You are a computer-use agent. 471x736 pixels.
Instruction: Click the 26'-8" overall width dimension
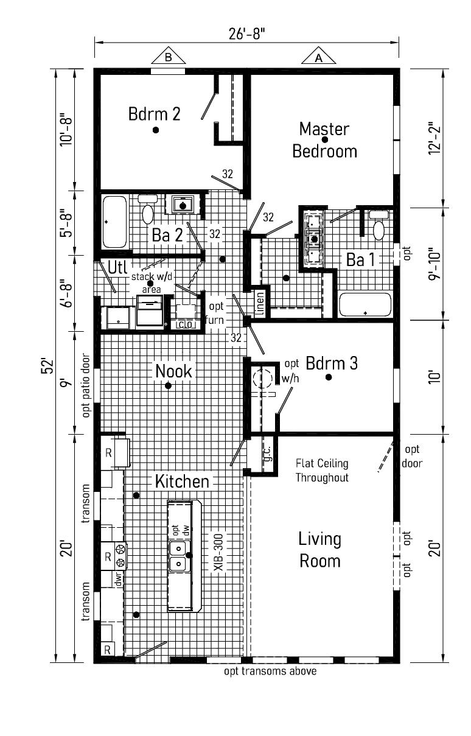tap(246, 33)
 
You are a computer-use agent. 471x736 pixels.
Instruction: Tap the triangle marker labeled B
tap(168, 57)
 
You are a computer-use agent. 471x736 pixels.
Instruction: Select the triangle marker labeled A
tap(318, 58)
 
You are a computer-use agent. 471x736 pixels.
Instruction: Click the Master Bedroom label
tap(324, 140)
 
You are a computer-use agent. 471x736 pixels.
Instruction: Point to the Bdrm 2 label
tap(154, 114)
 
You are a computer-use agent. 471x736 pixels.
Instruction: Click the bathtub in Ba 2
tap(114, 222)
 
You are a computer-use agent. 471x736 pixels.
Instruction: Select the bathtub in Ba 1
tap(365, 304)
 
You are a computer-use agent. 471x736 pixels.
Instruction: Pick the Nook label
tap(173, 371)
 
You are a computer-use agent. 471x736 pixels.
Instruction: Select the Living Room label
tap(319, 549)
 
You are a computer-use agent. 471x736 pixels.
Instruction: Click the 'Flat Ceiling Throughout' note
tap(322, 470)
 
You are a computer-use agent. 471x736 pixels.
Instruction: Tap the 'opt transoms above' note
tap(270, 671)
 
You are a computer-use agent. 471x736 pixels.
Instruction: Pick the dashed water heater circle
tap(263, 379)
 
